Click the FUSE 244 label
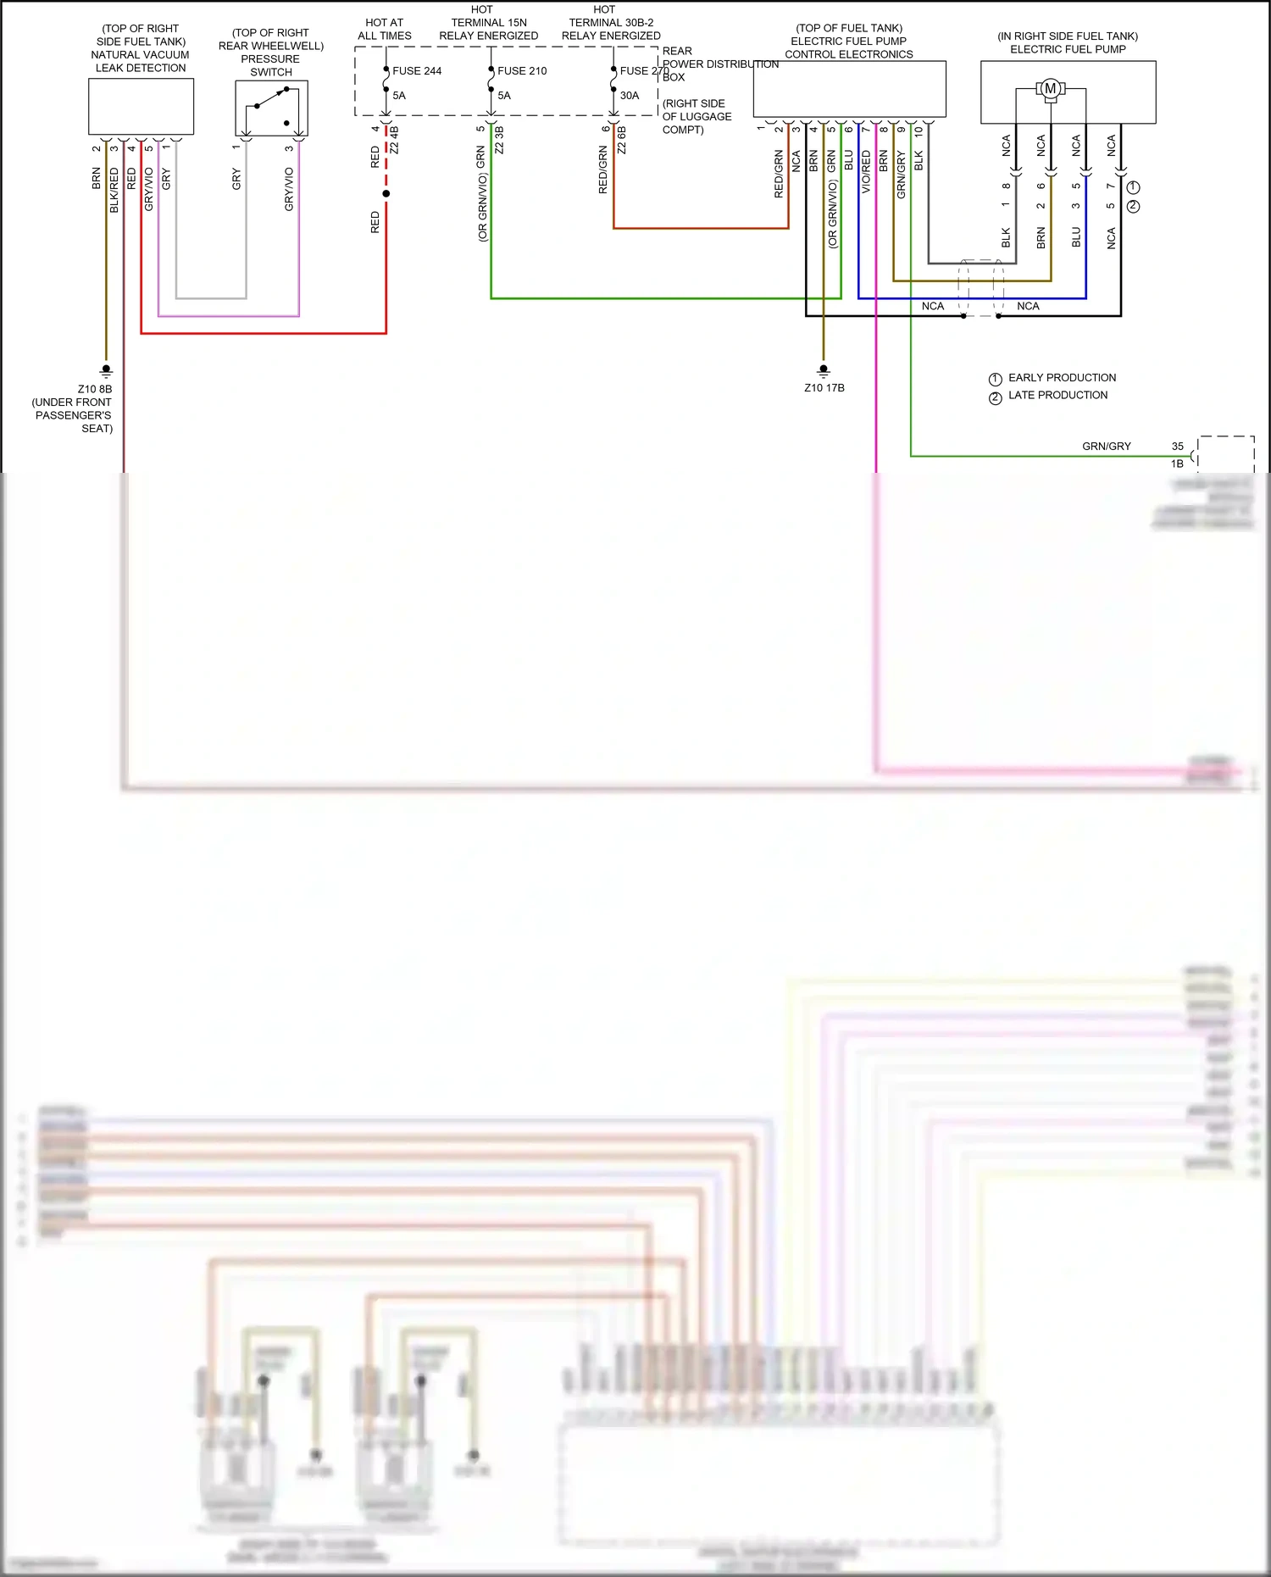click(x=417, y=71)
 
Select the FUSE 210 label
click(x=522, y=71)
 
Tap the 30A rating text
click(x=630, y=96)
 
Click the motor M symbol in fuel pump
click(x=1050, y=89)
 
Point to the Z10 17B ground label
click(x=824, y=388)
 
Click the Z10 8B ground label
click(x=95, y=390)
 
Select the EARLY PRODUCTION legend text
click(x=1062, y=378)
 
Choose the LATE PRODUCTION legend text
click(x=1057, y=396)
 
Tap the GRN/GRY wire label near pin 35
click(x=1106, y=447)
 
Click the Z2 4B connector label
click(x=395, y=140)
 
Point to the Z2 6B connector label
click(x=622, y=141)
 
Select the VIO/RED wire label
click(x=866, y=172)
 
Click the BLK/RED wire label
click(x=114, y=190)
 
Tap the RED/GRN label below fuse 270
click(x=603, y=169)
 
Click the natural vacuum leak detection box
click(x=141, y=107)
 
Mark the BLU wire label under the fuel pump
click(x=1076, y=236)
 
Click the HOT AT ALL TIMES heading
click(x=384, y=30)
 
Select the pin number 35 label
click(x=1178, y=447)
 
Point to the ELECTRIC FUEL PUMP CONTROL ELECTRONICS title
click(x=849, y=42)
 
